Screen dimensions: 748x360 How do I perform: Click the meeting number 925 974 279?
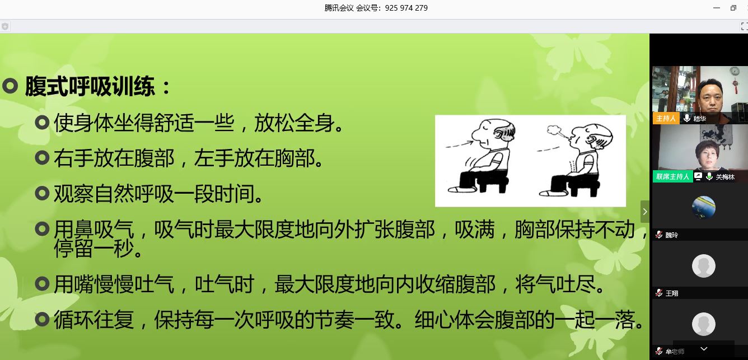click(406, 8)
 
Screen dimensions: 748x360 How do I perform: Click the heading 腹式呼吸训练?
click(90, 86)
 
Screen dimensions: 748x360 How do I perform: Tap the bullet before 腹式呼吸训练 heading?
click(10, 86)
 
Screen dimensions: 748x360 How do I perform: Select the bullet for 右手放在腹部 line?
click(42, 158)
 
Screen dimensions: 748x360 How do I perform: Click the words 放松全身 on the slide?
click(294, 123)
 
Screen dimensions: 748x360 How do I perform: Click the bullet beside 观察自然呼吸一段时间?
click(42, 193)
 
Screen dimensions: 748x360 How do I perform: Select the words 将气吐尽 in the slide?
click(555, 284)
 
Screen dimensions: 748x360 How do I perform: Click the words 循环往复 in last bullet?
click(94, 320)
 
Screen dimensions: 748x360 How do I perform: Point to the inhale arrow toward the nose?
click(459, 144)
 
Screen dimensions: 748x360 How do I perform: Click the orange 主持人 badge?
click(666, 119)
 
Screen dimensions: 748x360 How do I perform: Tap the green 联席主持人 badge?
click(672, 177)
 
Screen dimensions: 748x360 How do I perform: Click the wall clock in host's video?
click(735, 71)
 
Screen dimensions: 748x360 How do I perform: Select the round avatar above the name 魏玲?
click(704, 207)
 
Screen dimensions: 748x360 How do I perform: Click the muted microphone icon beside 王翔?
click(659, 293)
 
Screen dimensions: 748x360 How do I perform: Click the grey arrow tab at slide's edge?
click(645, 212)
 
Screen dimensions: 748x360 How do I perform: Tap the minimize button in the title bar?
click(716, 8)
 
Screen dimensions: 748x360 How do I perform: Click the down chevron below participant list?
click(704, 349)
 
